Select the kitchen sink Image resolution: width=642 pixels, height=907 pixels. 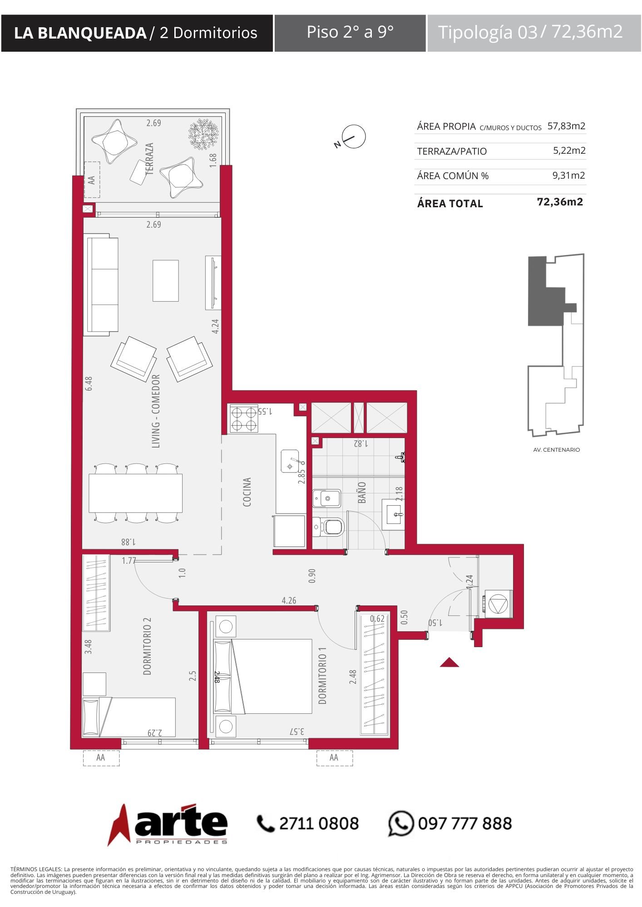tap(291, 461)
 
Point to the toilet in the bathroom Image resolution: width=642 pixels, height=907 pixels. tap(329, 527)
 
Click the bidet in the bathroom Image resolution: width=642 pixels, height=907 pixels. tap(326, 498)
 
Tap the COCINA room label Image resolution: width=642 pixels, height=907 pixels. tap(247, 492)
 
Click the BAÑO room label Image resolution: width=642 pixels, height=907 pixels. tap(362, 493)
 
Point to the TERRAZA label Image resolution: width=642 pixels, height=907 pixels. tap(149, 159)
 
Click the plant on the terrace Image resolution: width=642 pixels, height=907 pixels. tap(203, 134)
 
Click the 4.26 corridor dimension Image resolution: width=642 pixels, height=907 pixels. tap(289, 600)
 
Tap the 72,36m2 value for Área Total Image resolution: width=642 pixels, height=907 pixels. tap(560, 202)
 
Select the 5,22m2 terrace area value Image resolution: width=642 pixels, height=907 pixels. tap(569, 151)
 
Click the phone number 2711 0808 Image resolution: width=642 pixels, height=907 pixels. tap(319, 824)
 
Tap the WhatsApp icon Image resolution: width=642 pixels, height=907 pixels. tap(401, 824)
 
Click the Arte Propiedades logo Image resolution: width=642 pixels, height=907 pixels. tap(168, 824)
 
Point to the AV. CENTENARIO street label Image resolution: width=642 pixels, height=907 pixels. tap(557, 450)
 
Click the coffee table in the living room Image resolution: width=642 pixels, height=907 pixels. tap(166, 281)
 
